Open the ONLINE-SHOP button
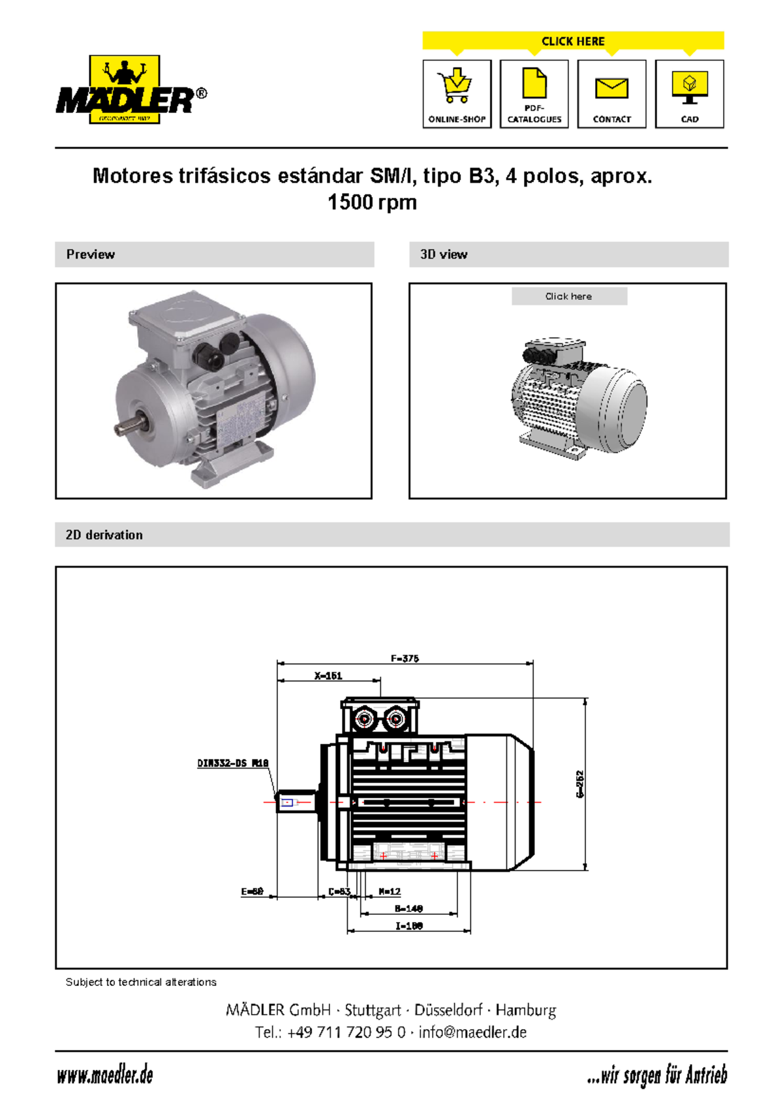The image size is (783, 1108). (x=457, y=94)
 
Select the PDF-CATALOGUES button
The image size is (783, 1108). (x=534, y=94)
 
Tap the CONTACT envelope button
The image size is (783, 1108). (x=611, y=94)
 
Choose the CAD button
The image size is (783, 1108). (x=689, y=94)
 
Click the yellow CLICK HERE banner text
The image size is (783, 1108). (x=573, y=41)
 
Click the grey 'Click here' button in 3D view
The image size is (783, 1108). (x=569, y=296)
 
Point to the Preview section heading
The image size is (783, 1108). (x=91, y=254)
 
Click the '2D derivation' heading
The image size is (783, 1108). (x=104, y=535)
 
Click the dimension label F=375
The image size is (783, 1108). (x=405, y=658)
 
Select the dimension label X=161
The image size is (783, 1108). (x=328, y=675)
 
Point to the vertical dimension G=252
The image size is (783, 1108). (x=579, y=784)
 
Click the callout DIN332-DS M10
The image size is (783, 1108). (x=233, y=763)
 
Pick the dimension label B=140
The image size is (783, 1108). (x=408, y=908)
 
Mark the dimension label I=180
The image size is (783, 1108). (x=408, y=925)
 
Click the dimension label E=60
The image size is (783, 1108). (x=252, y=891)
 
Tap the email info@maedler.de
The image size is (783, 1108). (x=472, y=1032)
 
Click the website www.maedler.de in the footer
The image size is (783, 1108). (x=105, y=1075)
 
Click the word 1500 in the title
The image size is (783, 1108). (x=350, y=202)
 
